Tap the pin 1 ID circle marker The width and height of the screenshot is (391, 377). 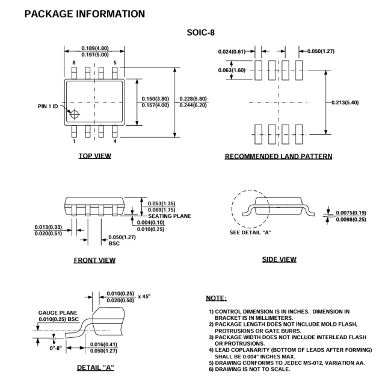point(74,113)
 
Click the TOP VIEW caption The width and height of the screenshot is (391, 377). point(95,156)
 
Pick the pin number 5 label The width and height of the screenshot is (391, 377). point(115,63)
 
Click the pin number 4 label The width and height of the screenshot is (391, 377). point(115,141)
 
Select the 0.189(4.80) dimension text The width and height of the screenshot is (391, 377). point(95,48)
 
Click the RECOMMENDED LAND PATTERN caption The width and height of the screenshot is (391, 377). point(279,157)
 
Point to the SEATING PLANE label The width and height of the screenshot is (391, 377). point(167,217)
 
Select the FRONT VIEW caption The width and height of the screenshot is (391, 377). point(95,260)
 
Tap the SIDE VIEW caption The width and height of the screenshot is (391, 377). point(279,259)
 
